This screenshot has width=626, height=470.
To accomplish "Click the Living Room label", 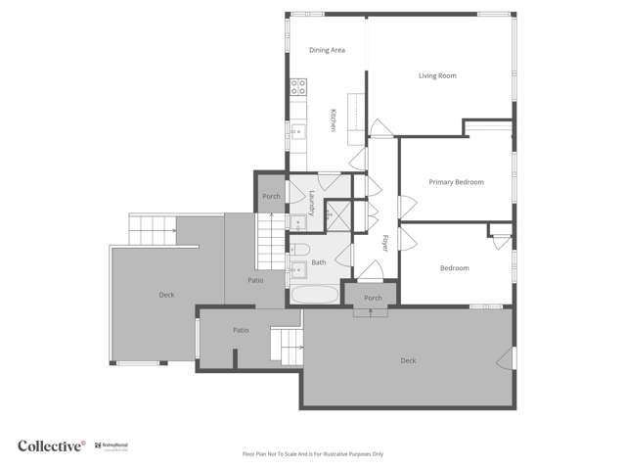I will coord(437,75).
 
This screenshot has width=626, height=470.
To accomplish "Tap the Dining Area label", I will coord(327,50).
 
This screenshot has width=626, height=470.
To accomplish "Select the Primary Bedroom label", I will coord(456,182).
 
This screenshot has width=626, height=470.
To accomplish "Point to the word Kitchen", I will coord(333,119).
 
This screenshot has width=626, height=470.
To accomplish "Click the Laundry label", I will coord(312,203).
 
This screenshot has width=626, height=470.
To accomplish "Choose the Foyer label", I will coord(385,244).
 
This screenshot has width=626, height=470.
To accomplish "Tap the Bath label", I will coord(319,262).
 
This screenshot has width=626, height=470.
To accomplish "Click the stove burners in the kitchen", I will coord(298,87).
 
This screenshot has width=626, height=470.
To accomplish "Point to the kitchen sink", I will coord(295,128).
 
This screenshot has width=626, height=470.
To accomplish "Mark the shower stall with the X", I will coord(338,214).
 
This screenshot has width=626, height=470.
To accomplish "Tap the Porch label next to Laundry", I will coord(272,196).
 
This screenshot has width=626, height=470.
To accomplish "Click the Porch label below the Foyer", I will coord(373,298).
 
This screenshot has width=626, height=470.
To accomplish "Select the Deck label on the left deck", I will coord(166,295).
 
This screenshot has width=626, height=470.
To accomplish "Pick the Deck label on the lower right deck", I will coord(408,360).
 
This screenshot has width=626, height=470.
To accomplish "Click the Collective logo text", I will coord(51,446).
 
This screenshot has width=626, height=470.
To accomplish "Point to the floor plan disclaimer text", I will coord(313,454).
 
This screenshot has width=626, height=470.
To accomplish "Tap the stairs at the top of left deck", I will coord(151,231).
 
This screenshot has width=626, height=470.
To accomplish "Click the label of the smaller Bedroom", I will coord(454,268).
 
